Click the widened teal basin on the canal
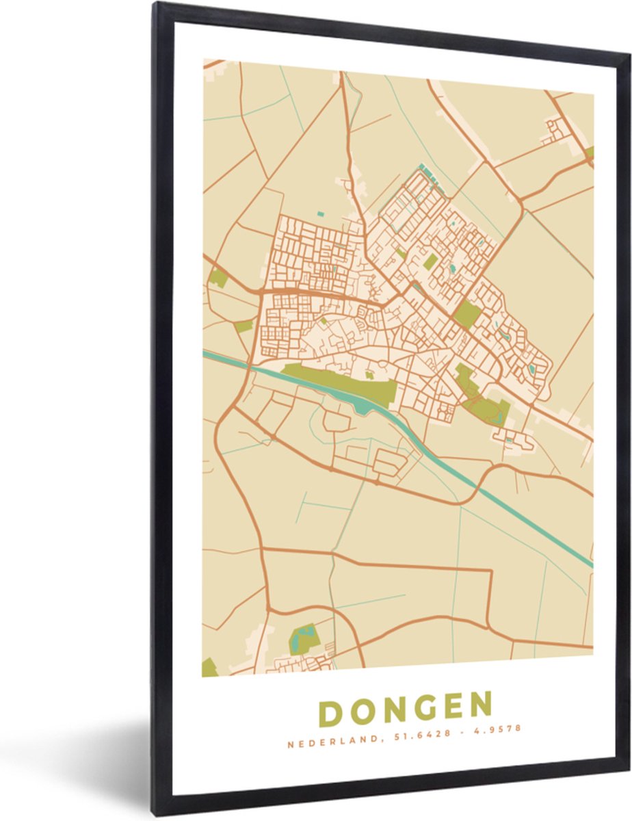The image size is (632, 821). pos(363,407)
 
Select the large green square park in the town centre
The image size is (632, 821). pos(467,314)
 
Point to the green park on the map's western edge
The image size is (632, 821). pos(218,278)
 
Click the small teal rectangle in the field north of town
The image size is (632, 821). pos(320,214)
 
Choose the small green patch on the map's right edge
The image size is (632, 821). pos(589,152)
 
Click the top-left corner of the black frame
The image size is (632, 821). pos(156,5)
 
